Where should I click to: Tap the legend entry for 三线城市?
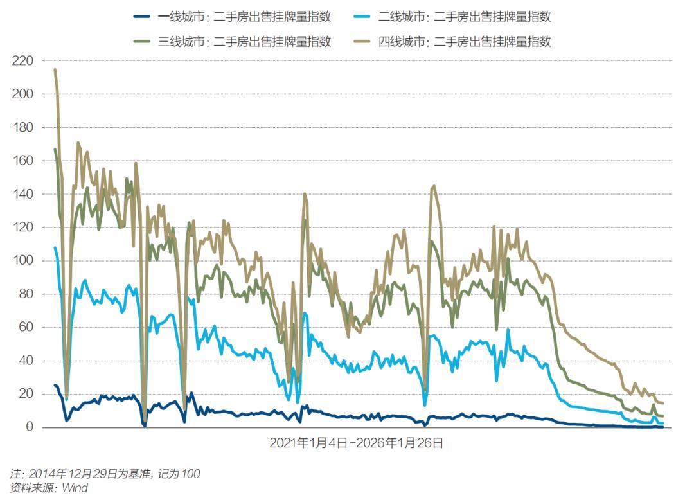coord(244,42)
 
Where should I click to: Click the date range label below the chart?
coord(356,443)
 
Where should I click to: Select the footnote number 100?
coord(190,474)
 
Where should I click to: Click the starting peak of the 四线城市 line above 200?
coord(55,69)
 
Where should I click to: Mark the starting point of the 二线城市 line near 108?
coord(55,247)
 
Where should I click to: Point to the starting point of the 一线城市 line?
coord(55,385)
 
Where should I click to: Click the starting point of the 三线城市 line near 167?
coord(55,149)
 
